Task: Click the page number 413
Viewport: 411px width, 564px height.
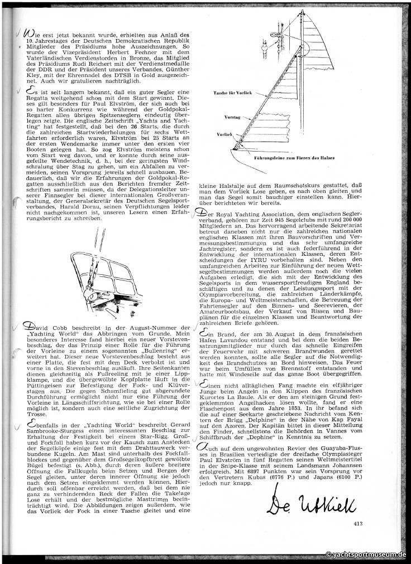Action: pos(358,522)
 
